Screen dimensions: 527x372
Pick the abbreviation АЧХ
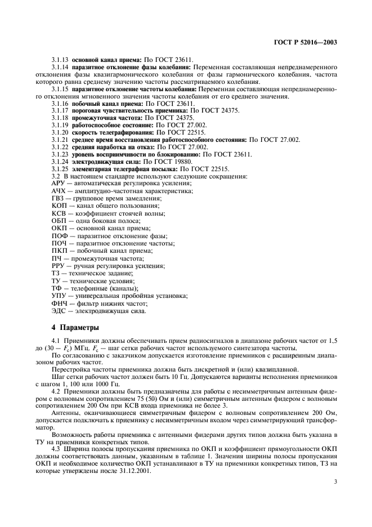pos(59,192)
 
